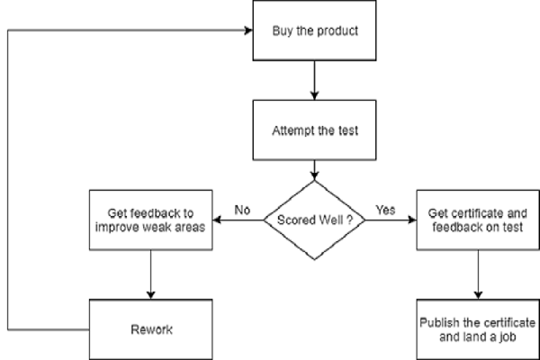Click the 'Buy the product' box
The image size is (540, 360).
(314, 31)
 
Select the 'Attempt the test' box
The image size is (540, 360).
(314, 130)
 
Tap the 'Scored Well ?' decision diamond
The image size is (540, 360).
(314, 220)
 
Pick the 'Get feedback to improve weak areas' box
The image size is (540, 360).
(151, 220)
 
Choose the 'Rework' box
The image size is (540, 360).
(151, 329)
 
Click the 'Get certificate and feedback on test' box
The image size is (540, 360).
(478, 220)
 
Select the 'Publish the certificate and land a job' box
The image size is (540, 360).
(478, 329)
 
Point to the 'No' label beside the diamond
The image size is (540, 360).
(242, 210)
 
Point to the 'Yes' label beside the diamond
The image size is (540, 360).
(385, 210)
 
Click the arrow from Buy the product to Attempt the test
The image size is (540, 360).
(314, 80)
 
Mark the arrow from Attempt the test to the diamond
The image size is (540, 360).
(314, 170)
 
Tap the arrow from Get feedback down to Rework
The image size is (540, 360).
(151, 274)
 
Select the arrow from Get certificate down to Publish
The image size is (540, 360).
(478, 274)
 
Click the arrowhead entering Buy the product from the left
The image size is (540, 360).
(248, 31)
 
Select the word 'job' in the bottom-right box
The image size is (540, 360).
(508, 337)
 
